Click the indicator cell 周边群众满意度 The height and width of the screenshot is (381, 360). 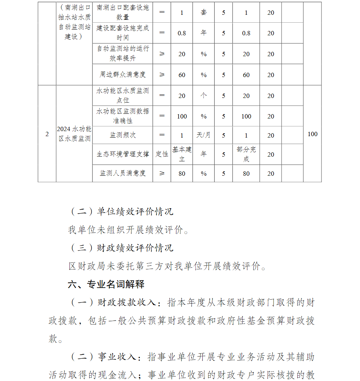122,75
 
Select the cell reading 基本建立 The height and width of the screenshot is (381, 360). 182,154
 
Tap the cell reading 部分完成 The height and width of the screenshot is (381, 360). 246,154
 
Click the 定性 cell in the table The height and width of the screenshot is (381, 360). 162,154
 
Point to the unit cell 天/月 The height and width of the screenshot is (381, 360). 203,135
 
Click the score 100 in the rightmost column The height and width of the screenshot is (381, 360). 312,134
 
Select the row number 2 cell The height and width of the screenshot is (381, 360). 47,134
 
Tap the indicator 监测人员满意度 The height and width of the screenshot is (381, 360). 122,173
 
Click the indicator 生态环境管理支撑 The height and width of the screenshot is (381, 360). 122,154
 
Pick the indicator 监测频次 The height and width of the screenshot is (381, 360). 122,135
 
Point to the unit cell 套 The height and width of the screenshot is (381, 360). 203,13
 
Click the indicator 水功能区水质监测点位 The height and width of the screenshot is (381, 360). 122,96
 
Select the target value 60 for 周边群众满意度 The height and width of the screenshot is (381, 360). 182,75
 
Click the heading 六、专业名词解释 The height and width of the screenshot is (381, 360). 106,284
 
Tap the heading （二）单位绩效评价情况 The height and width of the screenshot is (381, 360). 121,211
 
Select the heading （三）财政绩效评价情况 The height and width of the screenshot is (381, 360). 121,248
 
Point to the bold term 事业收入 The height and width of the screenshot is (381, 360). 117,357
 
